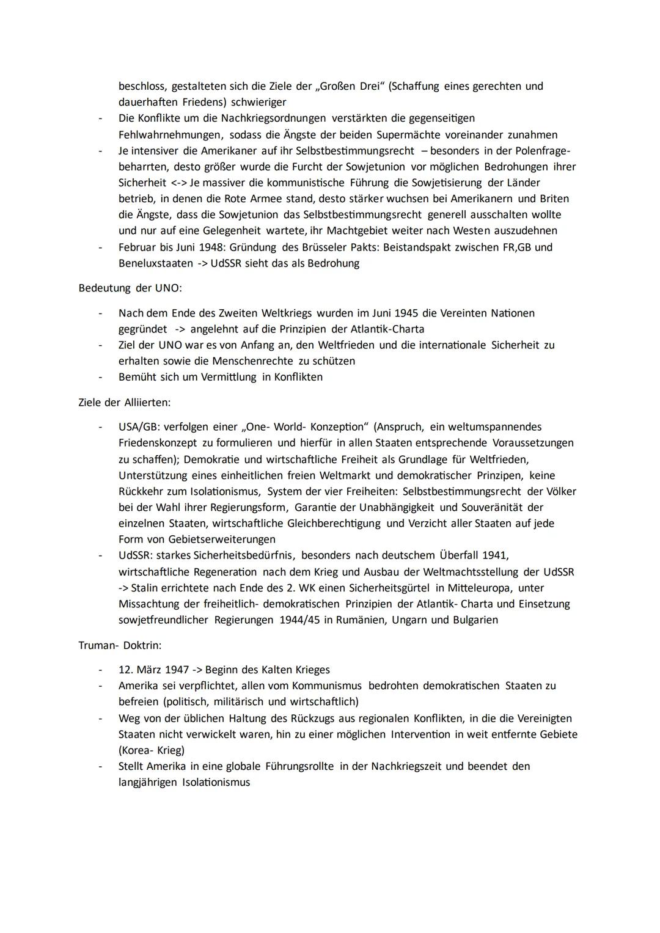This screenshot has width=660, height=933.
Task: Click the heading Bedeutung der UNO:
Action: pyautogui.click(x=130, y=288)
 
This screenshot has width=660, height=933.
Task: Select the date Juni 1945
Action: pyautogui.click(x=392, y=313)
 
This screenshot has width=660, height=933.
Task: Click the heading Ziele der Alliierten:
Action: pyautogui.click(x=125, y=403)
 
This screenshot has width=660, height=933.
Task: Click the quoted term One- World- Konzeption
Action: pyautogui.click(x=306, y=426)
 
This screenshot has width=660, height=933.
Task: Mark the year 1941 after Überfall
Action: pyautogui.click(x=494, y=555)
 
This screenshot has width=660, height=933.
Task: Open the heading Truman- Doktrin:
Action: pyautogui.click(x=120, y=645)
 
